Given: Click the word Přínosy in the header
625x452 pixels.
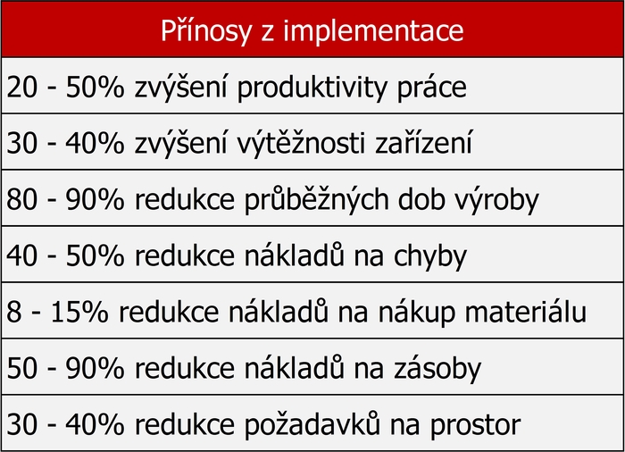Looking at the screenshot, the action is pyautogui.click(x=206, y=30).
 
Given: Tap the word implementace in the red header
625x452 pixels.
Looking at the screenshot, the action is pyautogui.click(x=373, y=30).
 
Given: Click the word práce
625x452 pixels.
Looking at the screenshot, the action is pyautogui.click(x=431, y=88).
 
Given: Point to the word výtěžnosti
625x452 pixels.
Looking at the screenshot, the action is pyautogui.click(x=302, y=143).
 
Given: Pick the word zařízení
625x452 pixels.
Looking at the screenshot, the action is pyautogui.click(x=424, y=142).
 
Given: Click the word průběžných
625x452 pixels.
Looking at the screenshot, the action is pyautogui.click(x=316, y=199).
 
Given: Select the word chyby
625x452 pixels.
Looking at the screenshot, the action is pyautogui.click(x=430, y=255).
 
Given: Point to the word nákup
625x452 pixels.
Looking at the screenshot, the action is pyautogui.click(x=417, y=313).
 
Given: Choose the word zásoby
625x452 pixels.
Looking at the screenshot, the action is pyautogui.click(x=437, y=368).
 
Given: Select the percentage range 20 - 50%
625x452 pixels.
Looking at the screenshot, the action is pyautogui.click(x=65, y=88).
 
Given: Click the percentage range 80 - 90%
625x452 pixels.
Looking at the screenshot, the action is pyautogui.click(x=65, y=199).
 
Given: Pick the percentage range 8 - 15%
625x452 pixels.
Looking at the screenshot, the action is pyautogui.click(x=57, y=312).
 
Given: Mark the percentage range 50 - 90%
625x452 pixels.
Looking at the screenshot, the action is pyautogui.click(x=65, y=368).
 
